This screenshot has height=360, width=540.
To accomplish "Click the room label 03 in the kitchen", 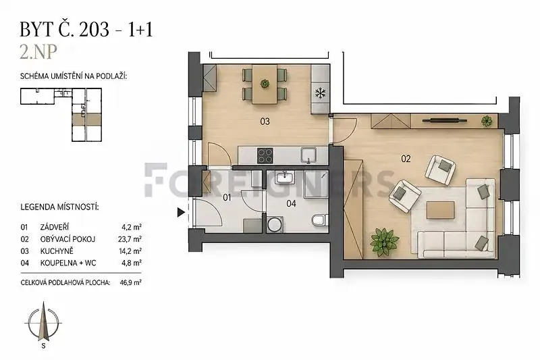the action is tap(265, 122).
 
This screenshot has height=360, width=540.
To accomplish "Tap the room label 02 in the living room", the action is tap(406, 159).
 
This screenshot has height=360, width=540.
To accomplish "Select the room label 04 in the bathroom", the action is tap(291, 203).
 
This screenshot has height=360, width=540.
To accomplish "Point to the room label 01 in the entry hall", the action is tap(227, 197).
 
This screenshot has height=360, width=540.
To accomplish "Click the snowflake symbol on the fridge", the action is tap(321, 93).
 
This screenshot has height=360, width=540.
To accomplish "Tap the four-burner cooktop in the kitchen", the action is tap(265, 155).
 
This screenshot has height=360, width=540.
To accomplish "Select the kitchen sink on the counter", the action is tap(309, 155).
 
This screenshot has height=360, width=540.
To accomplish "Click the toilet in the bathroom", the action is tap(320, 220).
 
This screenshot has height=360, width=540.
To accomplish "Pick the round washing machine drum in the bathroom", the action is tap(275, 225).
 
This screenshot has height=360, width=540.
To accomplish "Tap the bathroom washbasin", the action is tap(284, 178).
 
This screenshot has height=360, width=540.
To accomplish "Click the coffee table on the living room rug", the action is tap(440, 210).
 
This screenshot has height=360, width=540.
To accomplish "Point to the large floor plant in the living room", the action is tap(384, 242).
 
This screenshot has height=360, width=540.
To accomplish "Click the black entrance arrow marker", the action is tap(181, 212).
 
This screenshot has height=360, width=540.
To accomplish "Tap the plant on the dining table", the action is tap(265, 83).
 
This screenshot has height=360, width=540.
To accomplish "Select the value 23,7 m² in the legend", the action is tap(130, 239).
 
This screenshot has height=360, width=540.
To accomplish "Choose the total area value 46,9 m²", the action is tap(130, 282).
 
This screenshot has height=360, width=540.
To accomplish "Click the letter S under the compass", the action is tap(43, 346).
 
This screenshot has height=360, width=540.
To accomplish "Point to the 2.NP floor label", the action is tap(38, 52).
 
